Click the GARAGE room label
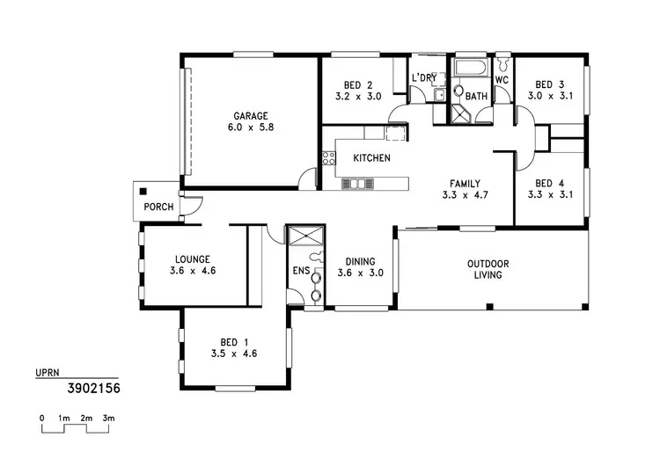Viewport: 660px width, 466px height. coord(251,115)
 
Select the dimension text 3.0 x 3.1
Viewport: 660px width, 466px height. coord(550,96)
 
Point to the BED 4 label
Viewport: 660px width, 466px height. coord(550,183)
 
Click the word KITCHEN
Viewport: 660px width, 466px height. coord(371,158)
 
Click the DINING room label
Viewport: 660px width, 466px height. coord(361,261)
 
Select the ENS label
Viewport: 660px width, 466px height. coord(300,271)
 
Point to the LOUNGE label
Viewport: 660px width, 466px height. coord(193,259)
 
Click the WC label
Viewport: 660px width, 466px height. coord(502,80)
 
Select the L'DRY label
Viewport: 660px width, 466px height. coord(424,78)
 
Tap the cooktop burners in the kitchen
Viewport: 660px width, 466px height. coord(327,158)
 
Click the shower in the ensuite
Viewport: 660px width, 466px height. coord(305,236)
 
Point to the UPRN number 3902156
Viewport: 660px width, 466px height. coord(93,386)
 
